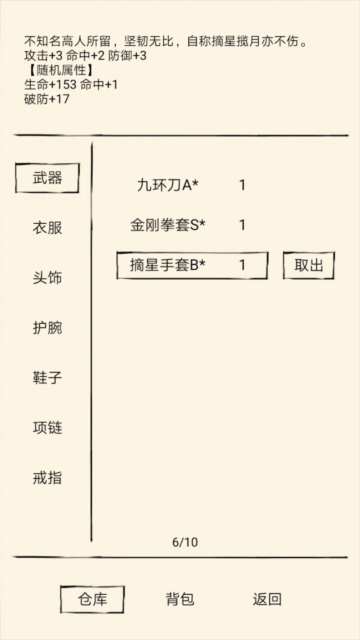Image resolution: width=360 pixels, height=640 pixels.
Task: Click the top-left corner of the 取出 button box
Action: [284, 253]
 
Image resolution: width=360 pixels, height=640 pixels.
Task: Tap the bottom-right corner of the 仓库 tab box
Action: [123, 612]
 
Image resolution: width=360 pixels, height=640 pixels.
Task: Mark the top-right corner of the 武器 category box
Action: [78, 164]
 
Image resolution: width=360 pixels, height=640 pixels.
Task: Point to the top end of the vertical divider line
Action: [92, 142]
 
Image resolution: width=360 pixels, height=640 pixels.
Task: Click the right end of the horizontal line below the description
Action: [348, 135]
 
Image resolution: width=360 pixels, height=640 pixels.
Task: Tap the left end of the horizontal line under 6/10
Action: [13, 557]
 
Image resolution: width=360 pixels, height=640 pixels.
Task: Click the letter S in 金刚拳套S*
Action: [194, 225]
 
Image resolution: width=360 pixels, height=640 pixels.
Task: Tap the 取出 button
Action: [309, 265]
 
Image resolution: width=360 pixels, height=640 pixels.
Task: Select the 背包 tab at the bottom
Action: [180, 599]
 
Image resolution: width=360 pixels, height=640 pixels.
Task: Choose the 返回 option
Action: [267, 599]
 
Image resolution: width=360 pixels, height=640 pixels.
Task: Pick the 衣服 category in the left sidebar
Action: [47, 228]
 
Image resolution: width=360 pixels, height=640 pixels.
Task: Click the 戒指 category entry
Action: [47, 478]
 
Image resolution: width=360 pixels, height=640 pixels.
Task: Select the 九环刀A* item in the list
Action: [168, 185]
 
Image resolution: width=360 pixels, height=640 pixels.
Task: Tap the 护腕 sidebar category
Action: [47, 327]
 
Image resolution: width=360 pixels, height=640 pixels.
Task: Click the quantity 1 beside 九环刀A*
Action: [242, 185]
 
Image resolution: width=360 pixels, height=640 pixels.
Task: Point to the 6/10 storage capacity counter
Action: [185, 542]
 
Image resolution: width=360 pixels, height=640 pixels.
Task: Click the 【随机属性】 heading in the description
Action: [60, 70]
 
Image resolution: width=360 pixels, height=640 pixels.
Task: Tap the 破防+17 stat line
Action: [47, 99]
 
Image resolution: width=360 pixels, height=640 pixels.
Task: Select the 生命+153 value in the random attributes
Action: [50, 85]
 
